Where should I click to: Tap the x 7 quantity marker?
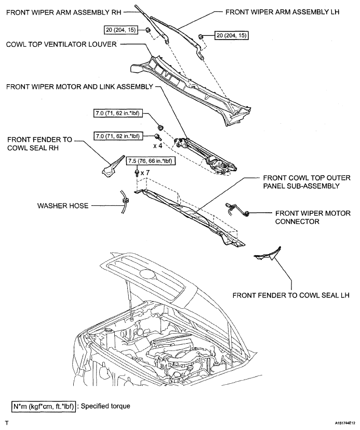[146, 172]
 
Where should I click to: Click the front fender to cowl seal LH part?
[268, 254]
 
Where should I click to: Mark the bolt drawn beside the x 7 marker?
[137, 172]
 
